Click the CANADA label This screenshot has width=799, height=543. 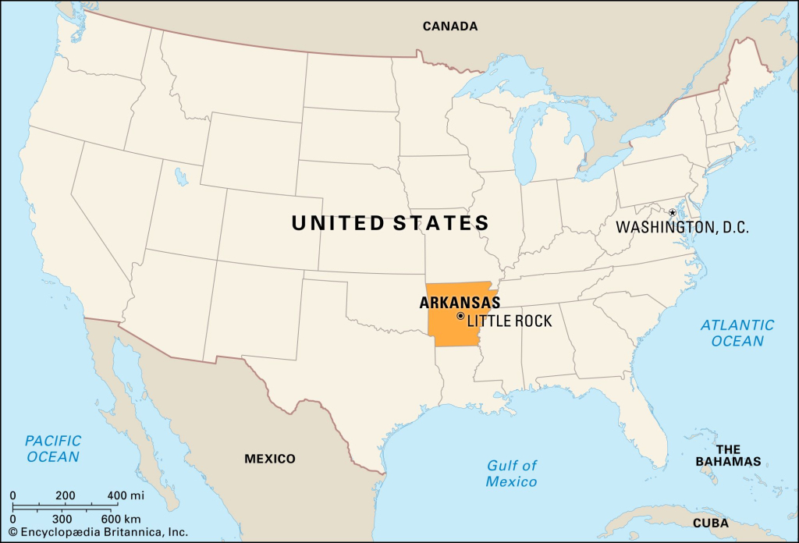pos(450,27)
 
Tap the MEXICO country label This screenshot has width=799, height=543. pos(270,459)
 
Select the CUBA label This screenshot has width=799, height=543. pos(711,523)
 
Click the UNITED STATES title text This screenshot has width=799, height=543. pos(390,224)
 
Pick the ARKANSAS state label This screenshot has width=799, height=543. pos(460,303)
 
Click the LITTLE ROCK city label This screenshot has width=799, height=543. pos(510,321)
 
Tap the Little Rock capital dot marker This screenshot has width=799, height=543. pos(460,316)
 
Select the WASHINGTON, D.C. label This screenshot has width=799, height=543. pos(682,228)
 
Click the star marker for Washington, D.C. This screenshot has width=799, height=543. pos(672,212)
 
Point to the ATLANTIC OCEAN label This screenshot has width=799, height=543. pos(737,332)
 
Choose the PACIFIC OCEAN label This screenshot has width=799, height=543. pos(53,449)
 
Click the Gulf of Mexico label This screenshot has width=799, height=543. pos(512,474)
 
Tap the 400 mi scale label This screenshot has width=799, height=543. pos(126,495)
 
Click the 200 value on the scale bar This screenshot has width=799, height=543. pos(66,495)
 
